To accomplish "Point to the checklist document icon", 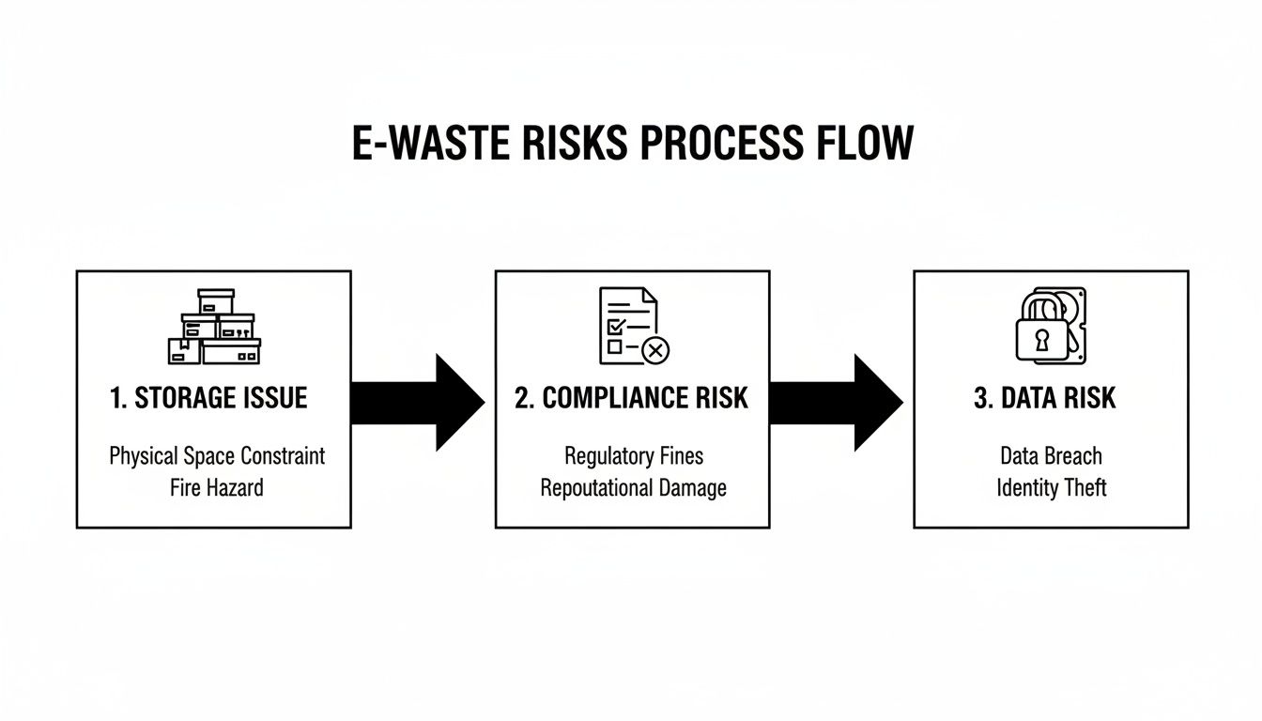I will (x=628, y=326).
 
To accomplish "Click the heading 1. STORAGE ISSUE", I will (x=208, y=398).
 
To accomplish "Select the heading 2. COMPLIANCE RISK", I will (x=632, y=398).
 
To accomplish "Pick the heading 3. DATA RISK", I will (x=1045, y=398).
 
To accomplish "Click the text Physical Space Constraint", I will (x=217, y=457).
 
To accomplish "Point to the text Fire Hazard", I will (x=217, y=488).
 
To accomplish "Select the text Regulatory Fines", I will (x=634, y=457).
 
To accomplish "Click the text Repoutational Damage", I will (x=634, y=488).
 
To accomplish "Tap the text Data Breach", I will (x=1051, y=457).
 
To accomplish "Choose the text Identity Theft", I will (x=1051, y=488).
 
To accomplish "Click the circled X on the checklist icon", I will (x=655, y=350).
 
